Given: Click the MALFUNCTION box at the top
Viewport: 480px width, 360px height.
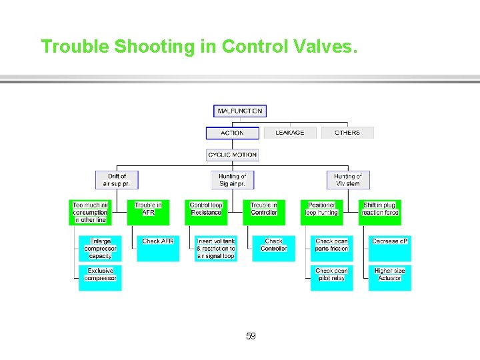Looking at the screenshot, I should pos(240,111).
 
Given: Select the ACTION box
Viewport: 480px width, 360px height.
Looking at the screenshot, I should pos(232,133).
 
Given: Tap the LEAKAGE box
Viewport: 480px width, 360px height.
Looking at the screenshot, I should pos(289,133).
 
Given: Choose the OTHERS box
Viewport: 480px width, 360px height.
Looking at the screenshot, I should pos(347,133).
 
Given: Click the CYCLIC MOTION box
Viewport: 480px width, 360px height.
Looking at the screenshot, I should pos(232,155).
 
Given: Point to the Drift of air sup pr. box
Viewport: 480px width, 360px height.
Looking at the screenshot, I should pos(117,180).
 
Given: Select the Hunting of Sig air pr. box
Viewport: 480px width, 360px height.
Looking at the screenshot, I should pos(232,180).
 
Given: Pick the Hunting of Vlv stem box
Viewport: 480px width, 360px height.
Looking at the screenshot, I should pos(347,180).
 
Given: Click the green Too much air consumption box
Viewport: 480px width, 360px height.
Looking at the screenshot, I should pos(90,212).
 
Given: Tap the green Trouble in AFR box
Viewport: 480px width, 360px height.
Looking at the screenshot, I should pos(148,209).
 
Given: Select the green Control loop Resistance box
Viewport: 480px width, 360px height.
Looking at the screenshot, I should pos(206,209).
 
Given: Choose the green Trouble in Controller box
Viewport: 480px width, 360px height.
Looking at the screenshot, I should pos(264,209).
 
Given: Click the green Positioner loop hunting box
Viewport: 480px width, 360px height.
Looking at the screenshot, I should pos(321,209).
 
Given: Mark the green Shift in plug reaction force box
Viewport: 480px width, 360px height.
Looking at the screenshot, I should pos(380,209).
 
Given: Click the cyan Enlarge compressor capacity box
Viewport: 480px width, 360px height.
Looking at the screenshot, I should pos(100,248).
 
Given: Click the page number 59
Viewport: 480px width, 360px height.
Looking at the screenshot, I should pos(251,336).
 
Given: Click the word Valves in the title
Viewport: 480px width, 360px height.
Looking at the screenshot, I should pos(325,46).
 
